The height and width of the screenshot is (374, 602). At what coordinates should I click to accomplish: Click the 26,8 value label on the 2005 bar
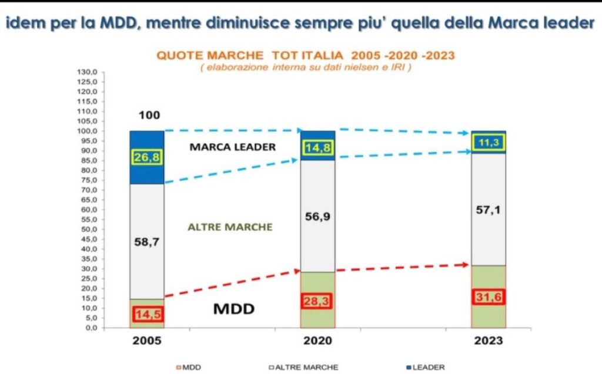coord(146,157)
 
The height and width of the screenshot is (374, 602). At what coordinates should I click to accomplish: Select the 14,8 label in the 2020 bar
coord(317,147)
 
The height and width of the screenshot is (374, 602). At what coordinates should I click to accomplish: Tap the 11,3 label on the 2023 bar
coord(488,142)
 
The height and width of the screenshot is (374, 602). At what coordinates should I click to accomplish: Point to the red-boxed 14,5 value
coord(146,314)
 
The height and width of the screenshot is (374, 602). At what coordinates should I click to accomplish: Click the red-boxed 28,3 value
coord(317,301)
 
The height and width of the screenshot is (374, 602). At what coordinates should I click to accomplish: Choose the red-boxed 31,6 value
coord(488,296)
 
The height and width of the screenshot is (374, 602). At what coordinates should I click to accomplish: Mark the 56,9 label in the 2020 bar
coord(317,216)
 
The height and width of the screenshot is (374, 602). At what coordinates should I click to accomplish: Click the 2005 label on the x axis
coord(146,341)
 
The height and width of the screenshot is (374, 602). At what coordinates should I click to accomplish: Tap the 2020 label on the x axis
coord(317,341)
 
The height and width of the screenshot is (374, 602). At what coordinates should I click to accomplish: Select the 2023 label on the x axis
coord(488,341)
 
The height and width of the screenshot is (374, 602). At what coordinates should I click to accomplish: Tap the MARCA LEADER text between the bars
coord(232,147)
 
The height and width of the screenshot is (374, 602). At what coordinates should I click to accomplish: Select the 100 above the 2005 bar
coord(149,115)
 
